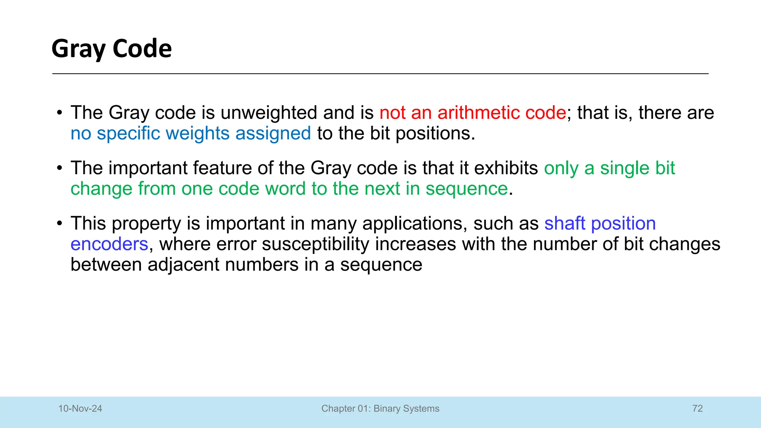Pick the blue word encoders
tap(109, 244)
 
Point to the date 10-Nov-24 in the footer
tap(80, 409)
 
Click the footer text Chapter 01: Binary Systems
tap(380, 409)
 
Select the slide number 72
tap(697, 409)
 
